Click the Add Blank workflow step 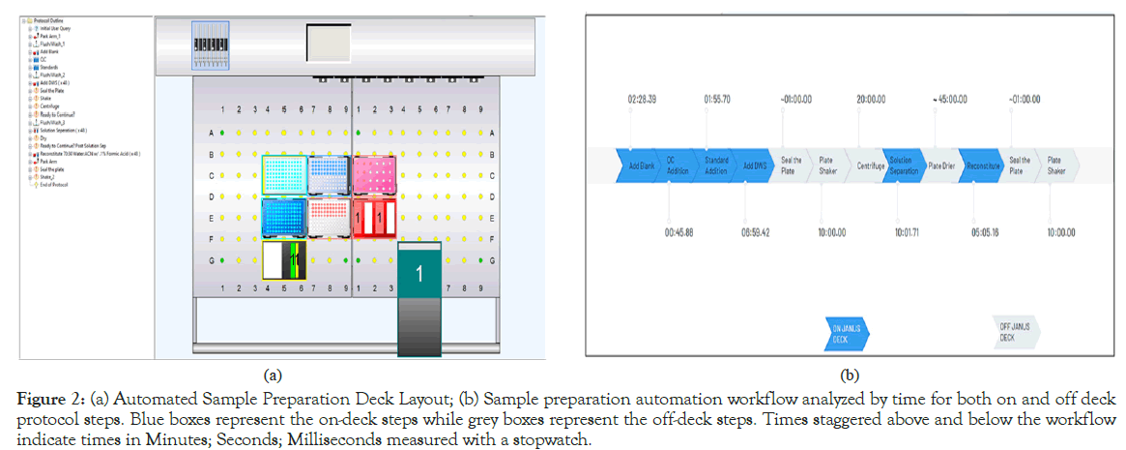641,166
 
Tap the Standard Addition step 716,166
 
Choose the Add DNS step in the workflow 755,166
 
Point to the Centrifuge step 871,166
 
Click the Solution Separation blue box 902,166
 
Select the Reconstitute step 980,166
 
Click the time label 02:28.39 642,100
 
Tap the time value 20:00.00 872,100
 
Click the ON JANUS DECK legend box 846,332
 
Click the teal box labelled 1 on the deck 419,274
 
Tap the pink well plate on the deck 375,177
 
